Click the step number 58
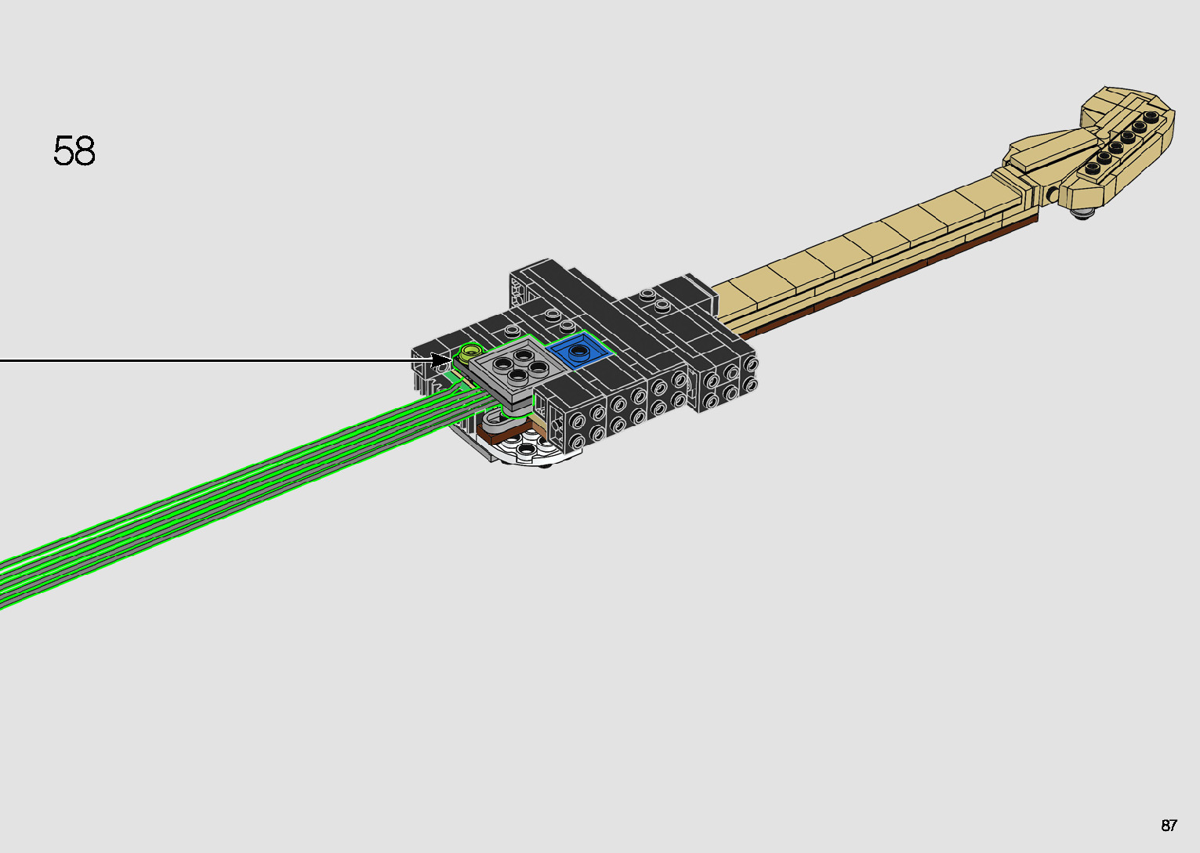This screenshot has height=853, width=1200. click(x=74, y=150)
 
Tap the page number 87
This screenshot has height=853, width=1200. click(x=1169, y=825)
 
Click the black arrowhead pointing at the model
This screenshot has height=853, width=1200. click(x=443, y=360)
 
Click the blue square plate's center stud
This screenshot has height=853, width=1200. click(x=578, y=351)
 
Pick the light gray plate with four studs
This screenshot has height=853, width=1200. click(x=516, y=370)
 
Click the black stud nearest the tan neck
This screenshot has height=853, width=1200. click(x=1093, y=168)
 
